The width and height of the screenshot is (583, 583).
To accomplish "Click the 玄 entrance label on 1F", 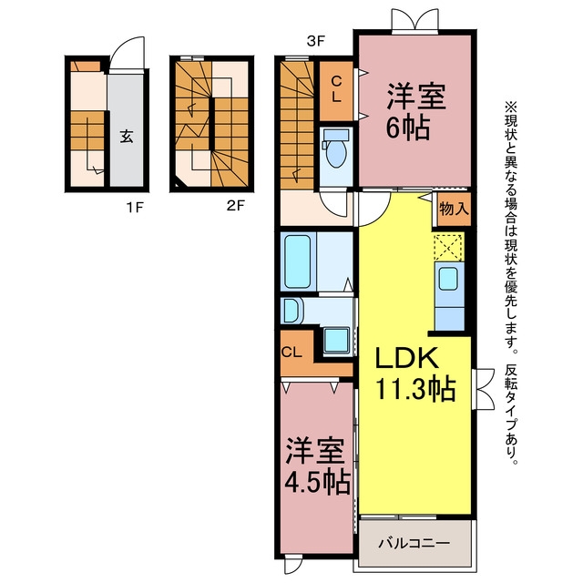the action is pyautogui.click(x=127, y=137).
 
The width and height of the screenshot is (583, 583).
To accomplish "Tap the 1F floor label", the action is pyautogui.click(x=135, y=207).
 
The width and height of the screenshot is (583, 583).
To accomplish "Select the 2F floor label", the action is pyautogui.click(x=236, y=205).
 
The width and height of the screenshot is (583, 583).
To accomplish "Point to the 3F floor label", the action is pyautogui.click(x=316, y=41).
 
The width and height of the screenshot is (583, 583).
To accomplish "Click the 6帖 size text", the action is pyautogui.click(x=408, y=128).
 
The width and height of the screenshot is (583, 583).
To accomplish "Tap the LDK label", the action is pyautogui.click(x=407, y=358).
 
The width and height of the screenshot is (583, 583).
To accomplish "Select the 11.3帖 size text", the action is pyautogui.click(x=415, y=389).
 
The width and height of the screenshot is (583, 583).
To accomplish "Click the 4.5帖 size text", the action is pyautogui.click(x=318, y=482).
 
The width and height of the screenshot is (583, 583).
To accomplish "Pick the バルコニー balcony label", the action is pyautogui.click(x=414, y=544).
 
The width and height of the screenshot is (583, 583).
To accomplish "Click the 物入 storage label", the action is pyautogui.click(x=454, y=209).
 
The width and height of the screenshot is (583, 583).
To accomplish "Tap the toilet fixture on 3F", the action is pyautogui.click(x=336, y=148).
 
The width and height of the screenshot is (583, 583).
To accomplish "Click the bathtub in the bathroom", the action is pyautogui.click(x=298, y=261).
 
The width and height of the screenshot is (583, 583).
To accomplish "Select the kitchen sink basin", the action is pyautogui.click(x=448, y=279).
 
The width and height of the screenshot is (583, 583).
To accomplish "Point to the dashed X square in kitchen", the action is pyautogui.click(x=448, y=247).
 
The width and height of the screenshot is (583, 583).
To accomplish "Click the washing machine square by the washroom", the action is pyautogui.click(x=336, y=340).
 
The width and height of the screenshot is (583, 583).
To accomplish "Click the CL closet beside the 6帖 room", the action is pyautogui.click(x=336, y=91).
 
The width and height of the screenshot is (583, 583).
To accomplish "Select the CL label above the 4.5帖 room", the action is pyautogui.click(x=291, y=353).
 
